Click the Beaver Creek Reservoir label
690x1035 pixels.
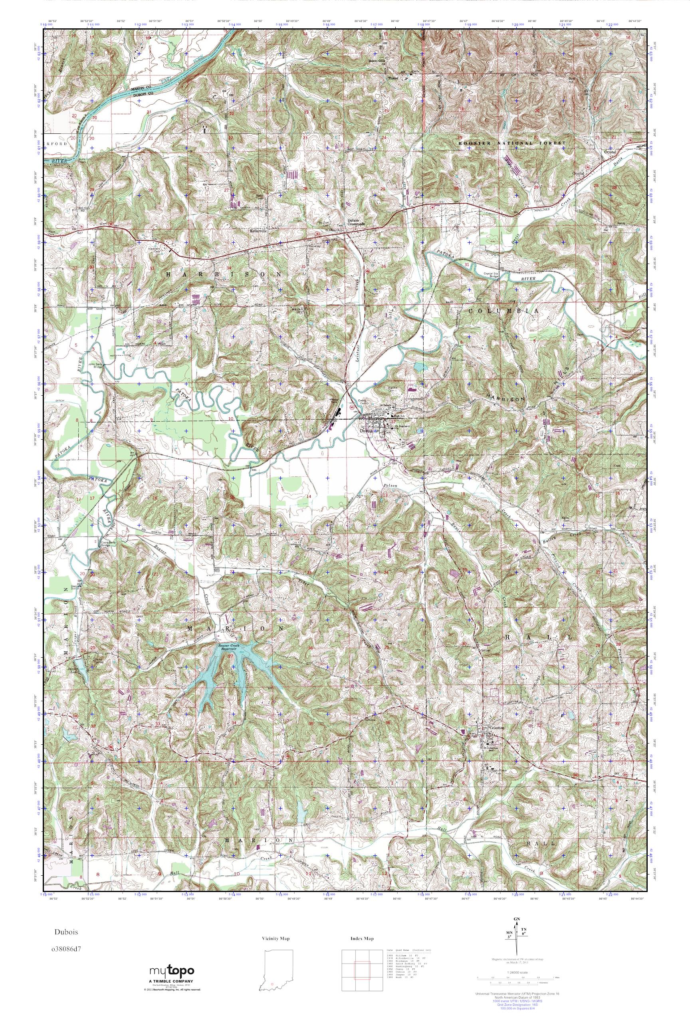(231, 647)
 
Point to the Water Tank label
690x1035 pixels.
(336, 400)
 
